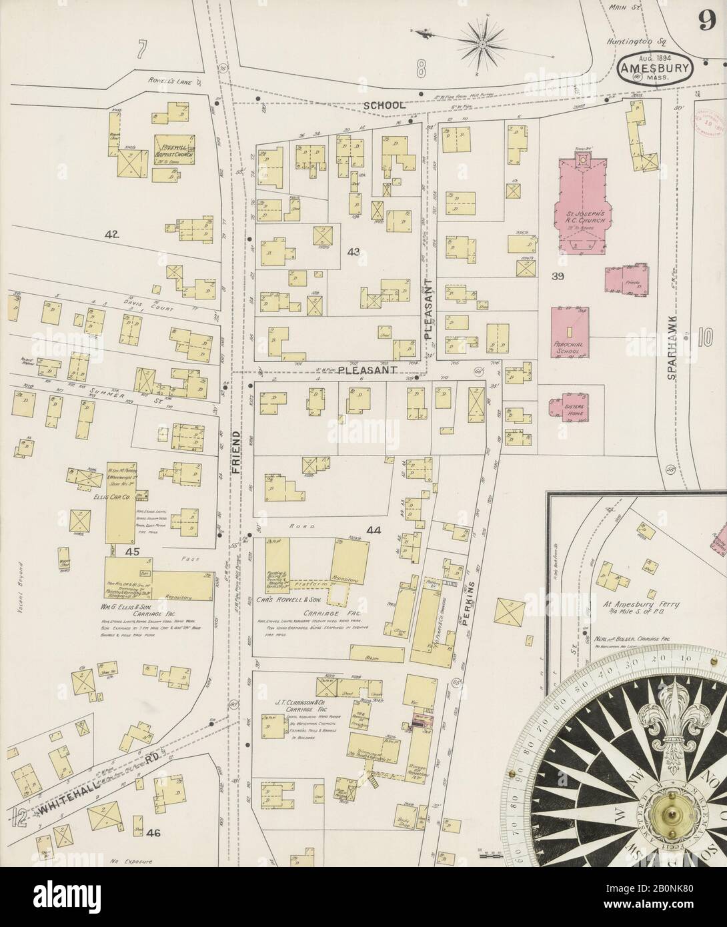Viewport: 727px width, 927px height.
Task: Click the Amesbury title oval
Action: (x=656, y=68)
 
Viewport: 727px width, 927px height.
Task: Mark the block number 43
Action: (x=353, y=251)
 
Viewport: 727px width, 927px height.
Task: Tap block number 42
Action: (x=112, y=234)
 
